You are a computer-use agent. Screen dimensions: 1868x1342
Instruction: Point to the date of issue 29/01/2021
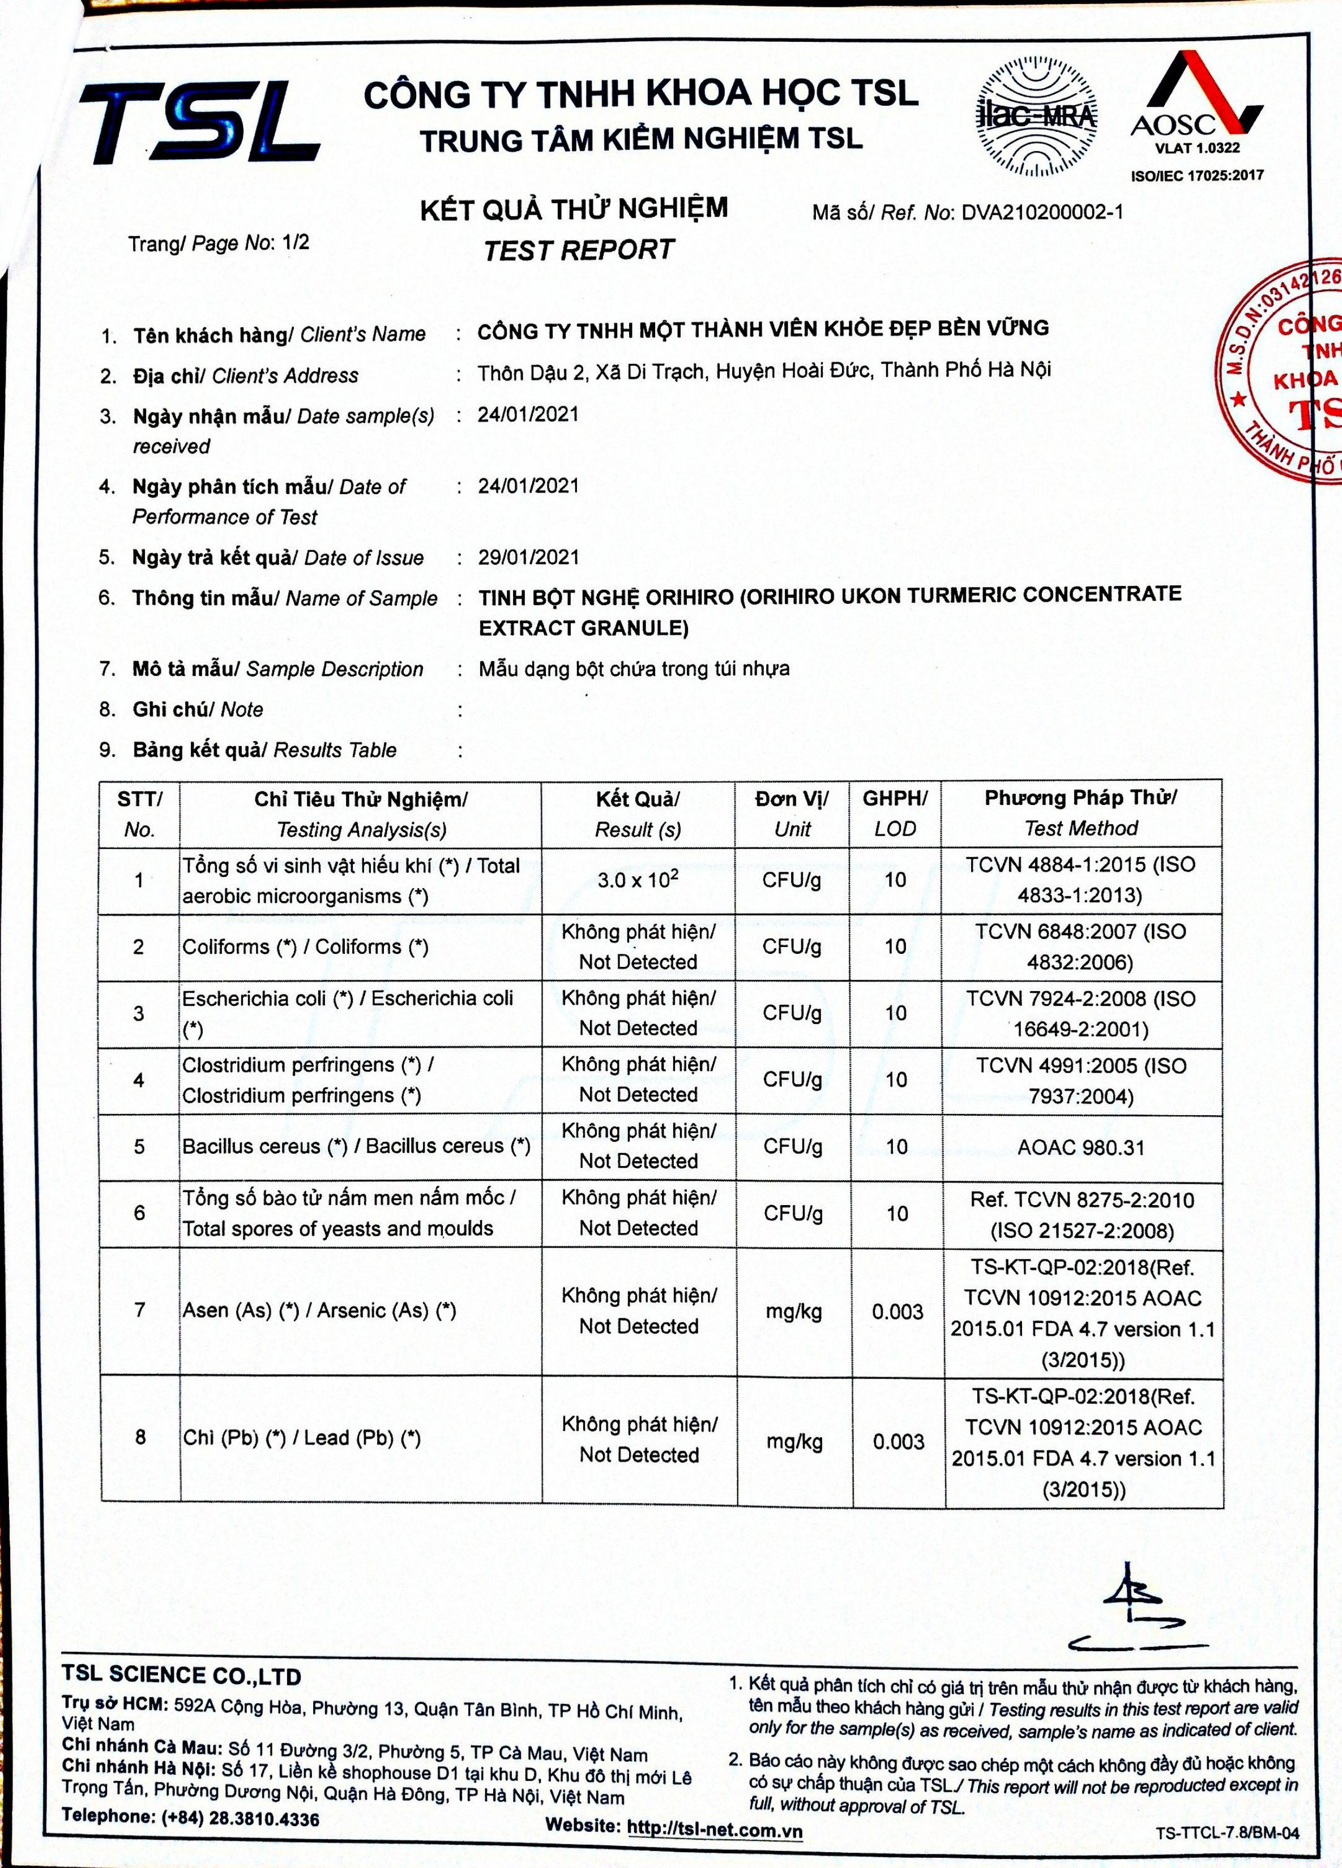(529, 558)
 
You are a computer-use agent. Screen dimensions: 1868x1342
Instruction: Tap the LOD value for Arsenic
(897, 1312)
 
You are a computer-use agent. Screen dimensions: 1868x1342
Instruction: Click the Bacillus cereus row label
(356, 1146)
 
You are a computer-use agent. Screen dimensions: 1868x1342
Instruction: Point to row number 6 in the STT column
(139, 1213)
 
